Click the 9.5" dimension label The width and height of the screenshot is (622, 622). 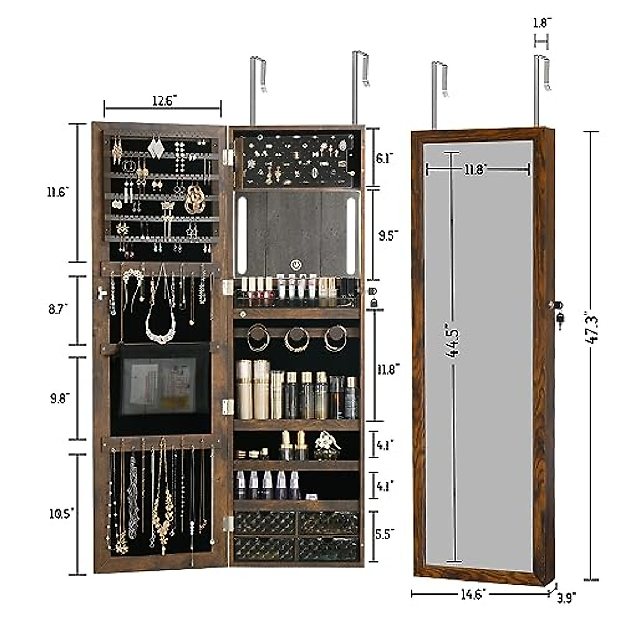click(x=388, y=235)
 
